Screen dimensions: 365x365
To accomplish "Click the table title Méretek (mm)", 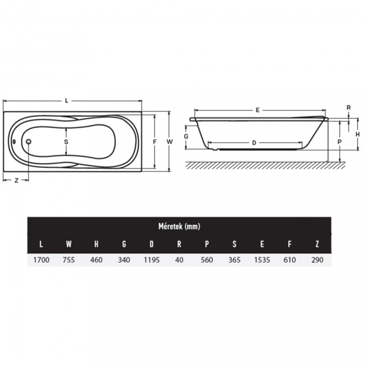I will [x=179, y=226].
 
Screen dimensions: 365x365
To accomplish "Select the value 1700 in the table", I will [x=41, y=260].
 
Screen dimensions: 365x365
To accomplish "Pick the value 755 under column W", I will [x=68, y=260].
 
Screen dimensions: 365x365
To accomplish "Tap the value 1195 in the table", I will [x=151, y=260].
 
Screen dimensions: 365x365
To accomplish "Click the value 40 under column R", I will [x=179, y=260].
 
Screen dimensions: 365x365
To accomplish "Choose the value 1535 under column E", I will [x=262, y=260].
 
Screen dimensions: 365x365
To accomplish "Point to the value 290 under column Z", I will [x=317, y=260].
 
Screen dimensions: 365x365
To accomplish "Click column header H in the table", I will [x=96, y=244].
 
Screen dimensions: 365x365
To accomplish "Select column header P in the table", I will [x=206, y=244].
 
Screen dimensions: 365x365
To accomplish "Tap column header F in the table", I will [x=289, y=244].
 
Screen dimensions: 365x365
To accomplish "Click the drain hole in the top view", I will [x=28, y=141].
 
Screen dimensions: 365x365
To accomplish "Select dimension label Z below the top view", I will [x=16, y=180].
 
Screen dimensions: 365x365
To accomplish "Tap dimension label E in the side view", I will [x=258, y=110].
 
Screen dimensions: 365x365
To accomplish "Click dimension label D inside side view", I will [x=254, y=142].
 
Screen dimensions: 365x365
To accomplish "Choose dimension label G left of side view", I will [x=186, y=136].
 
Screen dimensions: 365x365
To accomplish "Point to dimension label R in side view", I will [x=348, y=107].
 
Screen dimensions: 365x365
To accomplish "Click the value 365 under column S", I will [x=234, y=260].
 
